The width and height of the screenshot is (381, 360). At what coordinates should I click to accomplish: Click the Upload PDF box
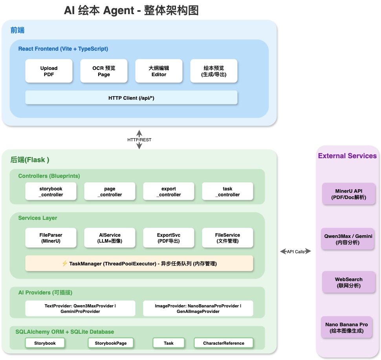(49, 71)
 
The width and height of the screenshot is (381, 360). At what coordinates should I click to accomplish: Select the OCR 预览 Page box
(104, 71)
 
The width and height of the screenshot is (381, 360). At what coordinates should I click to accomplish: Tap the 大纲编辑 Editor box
(159, 71)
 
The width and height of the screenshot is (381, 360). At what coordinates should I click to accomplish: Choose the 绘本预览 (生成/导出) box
(214, 71)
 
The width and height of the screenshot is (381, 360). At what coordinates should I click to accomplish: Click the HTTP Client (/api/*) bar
(131, 98)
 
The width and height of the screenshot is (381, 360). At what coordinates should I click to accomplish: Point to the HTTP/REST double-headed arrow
(139, 139)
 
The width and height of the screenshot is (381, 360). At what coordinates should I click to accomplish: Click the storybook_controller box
(51, 192)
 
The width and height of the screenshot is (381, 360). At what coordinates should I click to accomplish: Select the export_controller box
(169, 192)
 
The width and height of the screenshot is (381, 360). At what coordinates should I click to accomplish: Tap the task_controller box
(227, 192)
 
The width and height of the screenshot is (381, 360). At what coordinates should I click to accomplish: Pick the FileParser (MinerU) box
(51, 238)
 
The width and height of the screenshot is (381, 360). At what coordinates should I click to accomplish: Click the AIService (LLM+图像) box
(110, 238)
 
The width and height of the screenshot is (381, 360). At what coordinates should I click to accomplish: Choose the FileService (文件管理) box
(227, 238)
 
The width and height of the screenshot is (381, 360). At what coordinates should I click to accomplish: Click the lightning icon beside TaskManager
(65, 263)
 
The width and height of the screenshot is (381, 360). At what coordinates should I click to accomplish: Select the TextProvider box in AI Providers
(80, 309)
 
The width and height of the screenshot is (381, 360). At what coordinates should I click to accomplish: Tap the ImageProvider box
(198, 309)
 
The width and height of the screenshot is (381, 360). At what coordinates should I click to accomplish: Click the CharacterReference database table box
(223, 343)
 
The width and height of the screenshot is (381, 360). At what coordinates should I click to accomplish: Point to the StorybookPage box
(111, 343)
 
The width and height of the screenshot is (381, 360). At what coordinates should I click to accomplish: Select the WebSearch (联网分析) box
(349, 282)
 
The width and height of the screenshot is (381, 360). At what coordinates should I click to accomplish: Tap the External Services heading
(347, 156)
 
